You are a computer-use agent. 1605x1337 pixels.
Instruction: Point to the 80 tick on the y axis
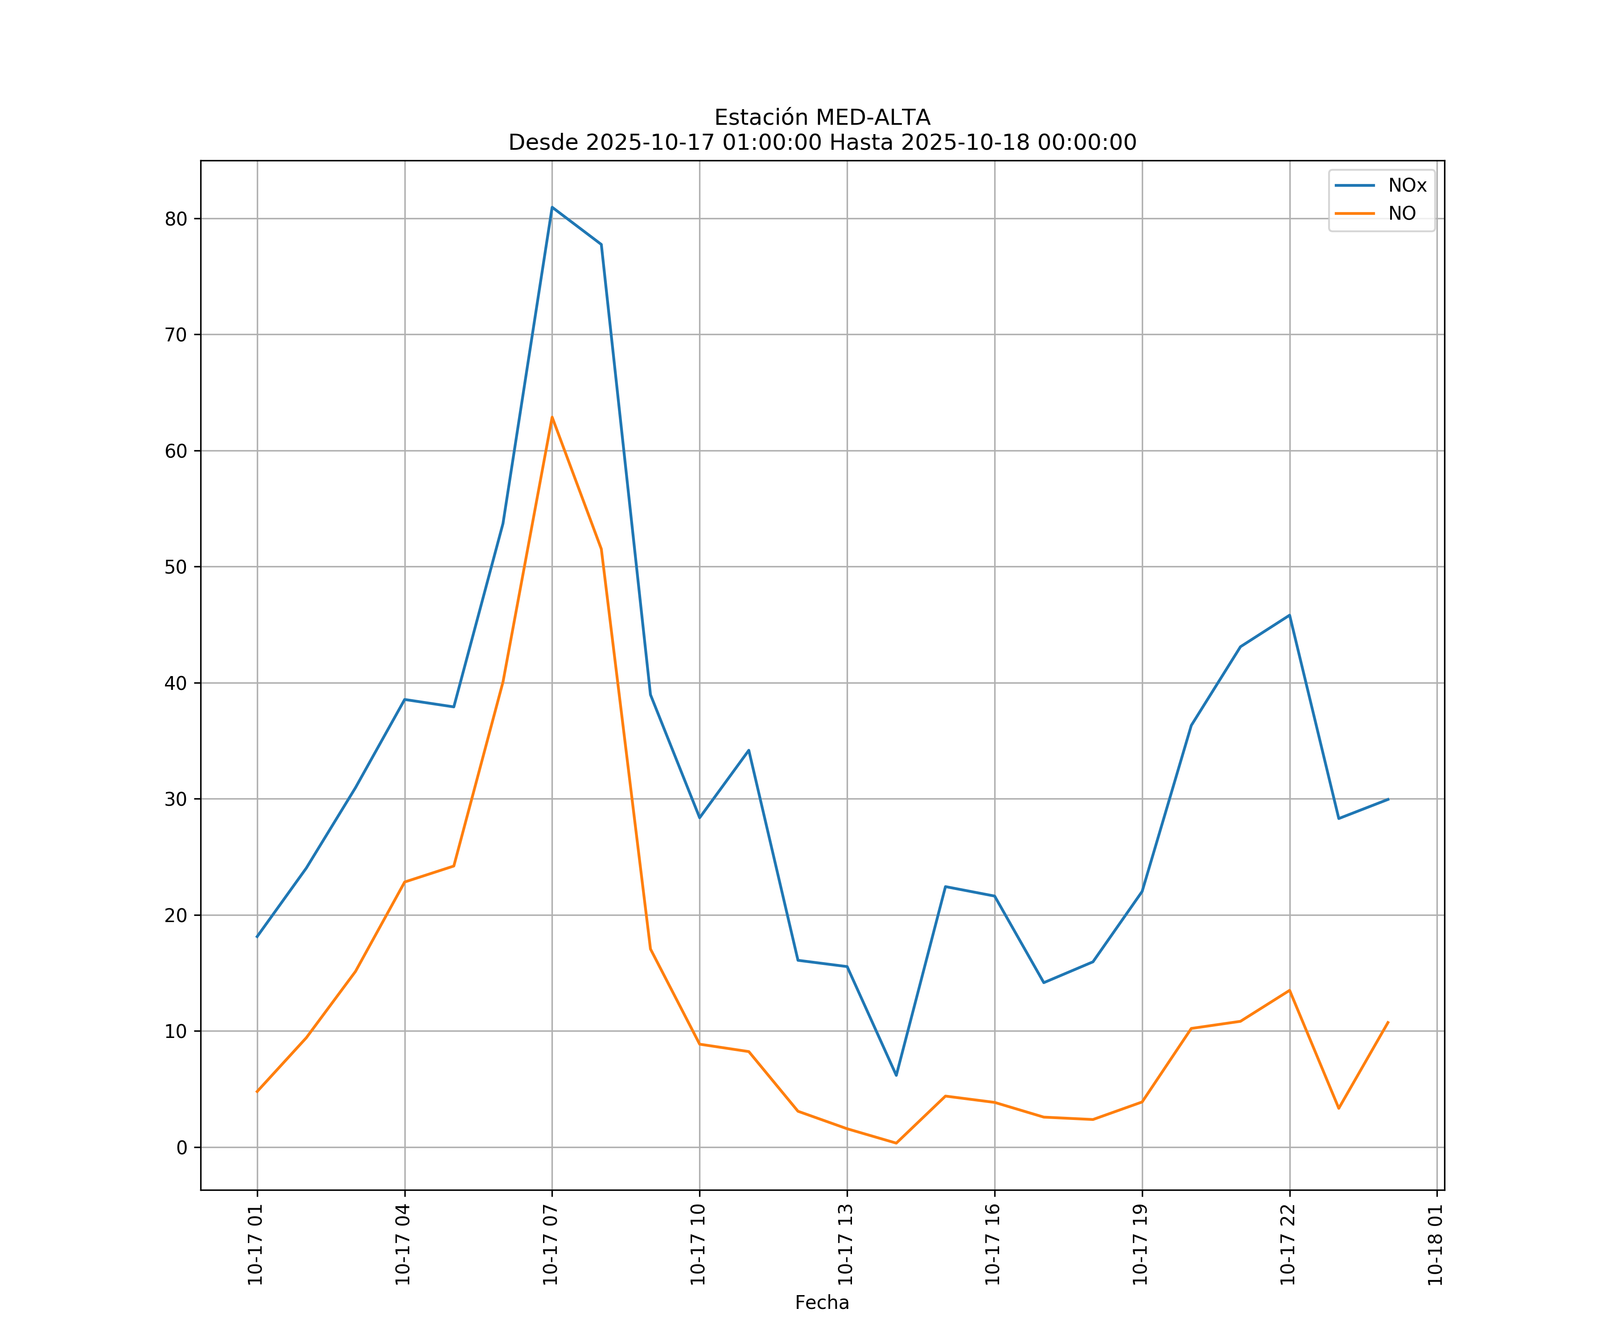(x=176, y=219)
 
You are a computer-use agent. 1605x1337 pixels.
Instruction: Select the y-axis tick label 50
(x=176, y=567)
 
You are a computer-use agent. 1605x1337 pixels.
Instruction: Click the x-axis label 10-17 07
(x=550, y=1245)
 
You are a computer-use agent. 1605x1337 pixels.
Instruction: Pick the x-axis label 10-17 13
(x=845, y=1245)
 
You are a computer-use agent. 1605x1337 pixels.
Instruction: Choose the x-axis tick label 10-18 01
(x=1435, y=1245)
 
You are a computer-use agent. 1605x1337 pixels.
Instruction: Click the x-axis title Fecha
(x=822, y=1303)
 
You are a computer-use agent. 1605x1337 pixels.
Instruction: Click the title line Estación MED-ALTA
(x=822, y=118)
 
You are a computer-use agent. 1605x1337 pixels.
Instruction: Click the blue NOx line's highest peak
(x=552, y=207)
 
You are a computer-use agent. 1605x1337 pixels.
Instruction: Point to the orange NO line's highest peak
(x=552, y=417)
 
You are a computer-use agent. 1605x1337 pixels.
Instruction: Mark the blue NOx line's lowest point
(x=896, y=1075)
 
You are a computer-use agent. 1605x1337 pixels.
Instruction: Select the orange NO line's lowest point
(x=896, y=1143)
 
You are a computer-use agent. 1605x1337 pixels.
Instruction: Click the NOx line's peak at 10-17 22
(x=1289, y=615)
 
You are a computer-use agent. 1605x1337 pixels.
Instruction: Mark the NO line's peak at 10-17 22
(x=1289, y=991)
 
